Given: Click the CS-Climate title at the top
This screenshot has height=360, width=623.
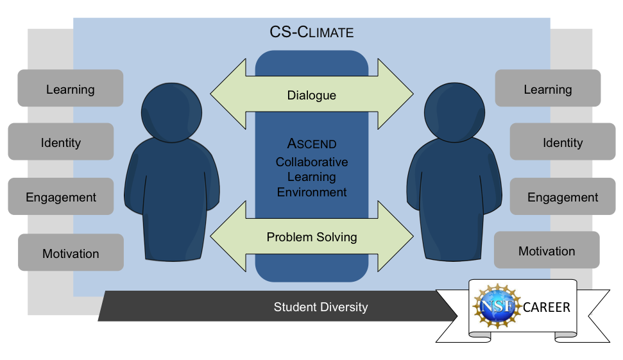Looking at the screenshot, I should coord(312,32).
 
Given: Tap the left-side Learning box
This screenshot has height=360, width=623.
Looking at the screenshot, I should coord(71,89).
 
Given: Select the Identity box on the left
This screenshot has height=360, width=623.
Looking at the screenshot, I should coord(61,142).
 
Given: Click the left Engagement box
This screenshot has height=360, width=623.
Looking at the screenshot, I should coord(61,197).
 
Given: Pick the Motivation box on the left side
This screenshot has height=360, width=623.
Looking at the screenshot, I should coord(71,253).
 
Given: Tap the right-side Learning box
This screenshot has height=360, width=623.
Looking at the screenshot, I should coord(547,89).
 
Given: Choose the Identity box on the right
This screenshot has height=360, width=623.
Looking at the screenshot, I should coord(562,142).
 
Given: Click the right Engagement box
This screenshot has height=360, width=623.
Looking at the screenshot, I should coord(562,197).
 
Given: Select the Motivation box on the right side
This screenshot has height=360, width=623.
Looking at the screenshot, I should coord(547,251).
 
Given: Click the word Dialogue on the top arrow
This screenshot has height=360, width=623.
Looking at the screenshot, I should coord(312,96).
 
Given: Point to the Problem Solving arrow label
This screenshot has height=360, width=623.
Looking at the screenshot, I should coord(312,237).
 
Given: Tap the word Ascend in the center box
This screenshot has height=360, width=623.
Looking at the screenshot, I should coord(312,144).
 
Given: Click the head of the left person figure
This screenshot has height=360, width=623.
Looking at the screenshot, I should coord(171,113).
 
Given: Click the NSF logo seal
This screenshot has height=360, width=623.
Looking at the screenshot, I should coord(495,307).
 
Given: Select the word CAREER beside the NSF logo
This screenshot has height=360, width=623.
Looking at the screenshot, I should coord(546,307).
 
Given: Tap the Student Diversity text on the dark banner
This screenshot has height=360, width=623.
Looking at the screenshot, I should coord(321,307).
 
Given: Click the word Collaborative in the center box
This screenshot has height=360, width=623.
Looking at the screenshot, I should coord(312,162).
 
